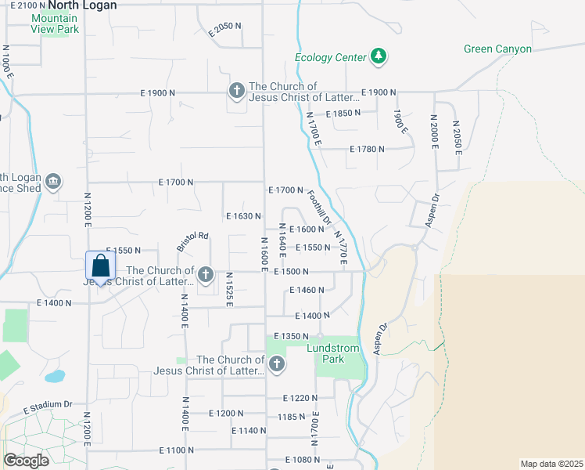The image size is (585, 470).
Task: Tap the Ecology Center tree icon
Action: coord(379,56)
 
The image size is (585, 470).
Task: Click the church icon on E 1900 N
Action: coord(236,92)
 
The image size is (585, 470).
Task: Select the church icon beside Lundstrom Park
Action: coord(276,364)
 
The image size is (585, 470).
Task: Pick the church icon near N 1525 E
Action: coord(206,274)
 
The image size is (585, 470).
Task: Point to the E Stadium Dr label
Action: coord(48,406)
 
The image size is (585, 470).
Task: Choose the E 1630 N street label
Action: coord(242,215)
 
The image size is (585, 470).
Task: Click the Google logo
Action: coord(26,461)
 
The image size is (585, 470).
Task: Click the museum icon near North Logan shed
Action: coord(52,182)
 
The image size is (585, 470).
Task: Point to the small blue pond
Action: coord(55,376)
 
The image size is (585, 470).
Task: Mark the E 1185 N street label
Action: coord(296,417)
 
